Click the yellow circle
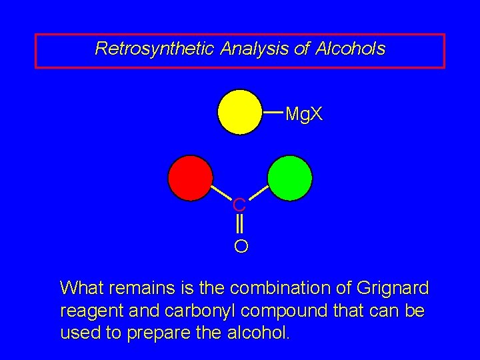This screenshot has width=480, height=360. point(240,112)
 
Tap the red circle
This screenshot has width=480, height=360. point(190,178)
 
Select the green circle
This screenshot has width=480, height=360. point(289,178)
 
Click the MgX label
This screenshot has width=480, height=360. point(304,115)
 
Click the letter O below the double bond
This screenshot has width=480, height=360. point(241,247)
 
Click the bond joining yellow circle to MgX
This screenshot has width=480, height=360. point(273,113)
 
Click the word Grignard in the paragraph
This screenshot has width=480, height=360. point(393,289)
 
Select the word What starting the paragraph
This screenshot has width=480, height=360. point(81,289)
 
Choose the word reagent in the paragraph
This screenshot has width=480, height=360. point(86,311)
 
